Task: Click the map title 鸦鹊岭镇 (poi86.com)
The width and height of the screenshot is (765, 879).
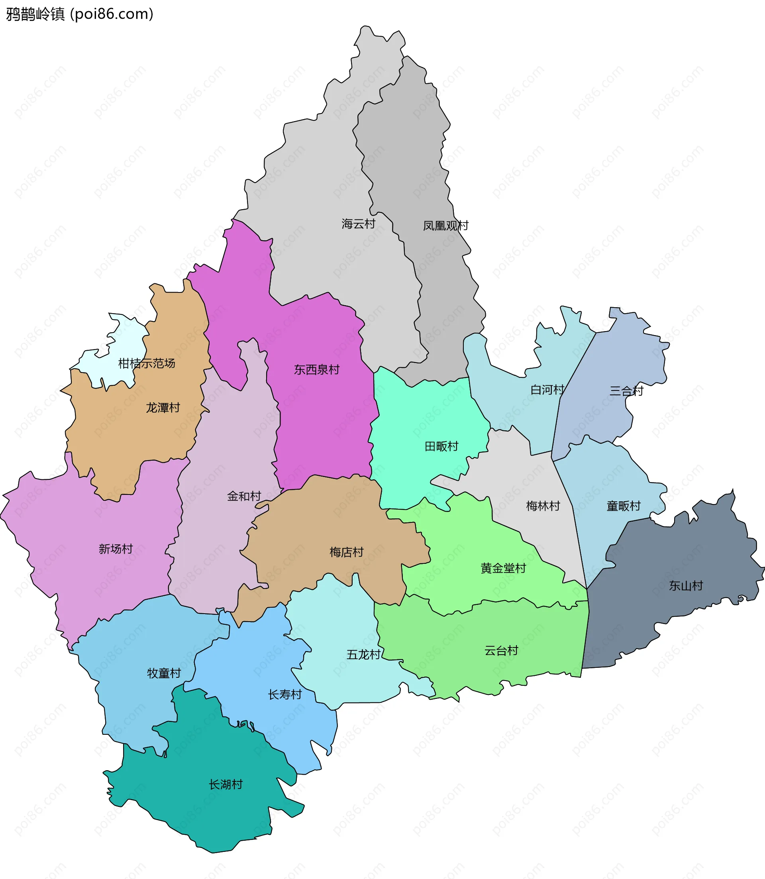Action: click(x=79, y=14)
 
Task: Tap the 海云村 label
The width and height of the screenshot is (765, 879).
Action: click(x=358, y=224)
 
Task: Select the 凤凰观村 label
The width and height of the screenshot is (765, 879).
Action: click(x=445, y=226)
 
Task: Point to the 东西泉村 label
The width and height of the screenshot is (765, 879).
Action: click(x=316, y=370)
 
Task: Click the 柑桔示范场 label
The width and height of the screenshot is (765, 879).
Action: click(x=147, y=363)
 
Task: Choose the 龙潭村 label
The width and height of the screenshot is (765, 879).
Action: click(x=163, y=408)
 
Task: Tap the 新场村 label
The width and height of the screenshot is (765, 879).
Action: click(x=116, y=549)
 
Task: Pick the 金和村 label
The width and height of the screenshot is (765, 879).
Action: click(x=244, y=496)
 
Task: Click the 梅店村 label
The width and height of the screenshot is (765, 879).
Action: click(x=346, y=552)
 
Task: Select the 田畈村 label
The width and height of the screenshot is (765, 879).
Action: click(x=441, y=447)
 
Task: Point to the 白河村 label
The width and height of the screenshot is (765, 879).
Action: click(x=547, y=390)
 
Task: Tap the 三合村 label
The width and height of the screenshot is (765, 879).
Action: click(x=626, y=391)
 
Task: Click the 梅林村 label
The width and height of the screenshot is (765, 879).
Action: click(x=543, y=506)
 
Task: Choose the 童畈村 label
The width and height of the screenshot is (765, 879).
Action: click(x=623, y=506)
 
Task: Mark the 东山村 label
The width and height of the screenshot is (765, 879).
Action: click(x=686, y=586)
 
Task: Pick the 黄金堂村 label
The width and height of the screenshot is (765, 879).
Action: click(x=503, y=568)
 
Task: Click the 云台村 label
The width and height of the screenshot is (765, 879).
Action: click(x=501, y=651)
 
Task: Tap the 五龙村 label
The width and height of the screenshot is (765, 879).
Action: click(x=363, y=654)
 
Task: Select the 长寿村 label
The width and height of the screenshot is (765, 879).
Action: click(x=285, y=695)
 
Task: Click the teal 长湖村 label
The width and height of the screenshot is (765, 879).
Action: click(x=226, y=784)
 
